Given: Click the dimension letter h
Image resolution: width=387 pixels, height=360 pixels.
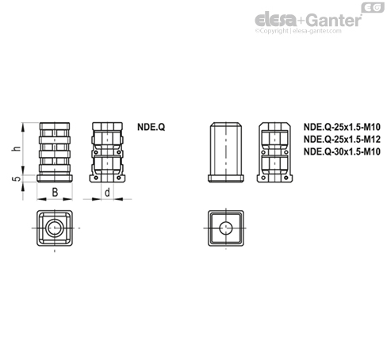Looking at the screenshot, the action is tap(17, 148).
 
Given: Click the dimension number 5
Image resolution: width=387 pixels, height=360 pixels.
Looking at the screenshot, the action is tap(17, 178).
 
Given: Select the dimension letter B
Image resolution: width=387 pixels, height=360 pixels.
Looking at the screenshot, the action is tap(55, 192).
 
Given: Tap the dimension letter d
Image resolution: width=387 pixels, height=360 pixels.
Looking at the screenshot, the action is tap(107, 193).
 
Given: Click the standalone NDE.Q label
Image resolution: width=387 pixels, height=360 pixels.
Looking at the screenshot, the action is tap(151, 127).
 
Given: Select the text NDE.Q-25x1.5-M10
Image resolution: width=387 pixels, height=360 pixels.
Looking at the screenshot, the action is tap(342, 127).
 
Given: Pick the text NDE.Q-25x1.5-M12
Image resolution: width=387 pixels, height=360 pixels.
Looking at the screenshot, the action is tap(342, 140).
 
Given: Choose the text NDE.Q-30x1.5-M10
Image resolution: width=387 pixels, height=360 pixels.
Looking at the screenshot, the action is tap(342, 151).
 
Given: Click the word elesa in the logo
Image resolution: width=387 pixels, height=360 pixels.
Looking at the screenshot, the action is tap(275, 20).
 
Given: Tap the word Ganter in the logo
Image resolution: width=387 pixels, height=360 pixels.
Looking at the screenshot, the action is tap(335, 20).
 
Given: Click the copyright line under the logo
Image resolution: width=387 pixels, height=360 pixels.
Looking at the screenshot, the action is tap(298, 31).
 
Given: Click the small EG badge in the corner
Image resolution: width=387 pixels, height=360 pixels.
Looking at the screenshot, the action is tap(373, 7).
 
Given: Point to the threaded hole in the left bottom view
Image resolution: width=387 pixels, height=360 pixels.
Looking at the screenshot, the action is tap(55, 228).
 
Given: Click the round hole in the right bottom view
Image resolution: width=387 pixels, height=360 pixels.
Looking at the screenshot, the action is tap(226, 228).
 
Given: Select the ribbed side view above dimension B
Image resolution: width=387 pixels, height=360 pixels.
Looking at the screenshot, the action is tap(55, 152).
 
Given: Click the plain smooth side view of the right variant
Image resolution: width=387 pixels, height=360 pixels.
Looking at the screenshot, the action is tap(226, 152).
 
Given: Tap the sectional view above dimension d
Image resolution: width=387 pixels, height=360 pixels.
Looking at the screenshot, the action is tap(107, 152).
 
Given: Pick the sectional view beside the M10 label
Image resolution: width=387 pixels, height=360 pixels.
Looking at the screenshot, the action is tap(274, 152).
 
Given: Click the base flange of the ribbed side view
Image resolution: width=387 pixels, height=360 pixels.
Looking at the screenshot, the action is tap(55, 178).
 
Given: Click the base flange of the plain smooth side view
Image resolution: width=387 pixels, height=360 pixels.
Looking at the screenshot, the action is tap(226, 178).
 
